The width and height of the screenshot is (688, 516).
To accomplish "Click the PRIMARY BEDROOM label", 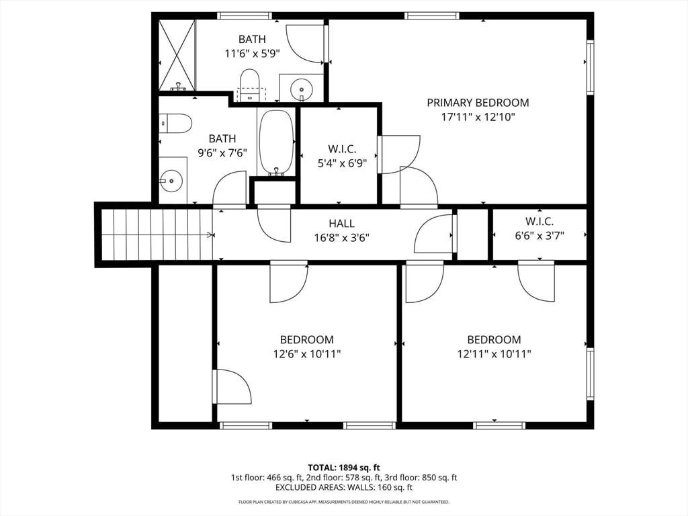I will pyautogui.click(x=478, y=103).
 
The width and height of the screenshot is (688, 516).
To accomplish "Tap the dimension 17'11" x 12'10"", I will pyautogui.click(x=478, y=117).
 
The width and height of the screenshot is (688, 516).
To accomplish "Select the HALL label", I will pyautogui.click(x=341, y=224).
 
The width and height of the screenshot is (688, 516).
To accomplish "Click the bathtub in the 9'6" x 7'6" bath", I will pyautogui.click(x=276, y=142).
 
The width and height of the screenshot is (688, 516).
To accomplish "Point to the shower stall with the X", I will pyautogui.click(x=177, y=55).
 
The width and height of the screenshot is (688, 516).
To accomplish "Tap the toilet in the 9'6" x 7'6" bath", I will pyautogui.click(x=176, y=124).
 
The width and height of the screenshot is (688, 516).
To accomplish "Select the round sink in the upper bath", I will pyautogui.click(x=302, y=87).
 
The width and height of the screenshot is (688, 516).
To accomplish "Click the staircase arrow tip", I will pyautogui.click(x=212, y=234).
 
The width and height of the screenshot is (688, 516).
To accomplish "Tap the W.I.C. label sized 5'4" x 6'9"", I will pyautogui.click(x=341, y=149).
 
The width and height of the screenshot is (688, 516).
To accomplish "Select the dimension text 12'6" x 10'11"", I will pyautogui.click(x=306, y=354).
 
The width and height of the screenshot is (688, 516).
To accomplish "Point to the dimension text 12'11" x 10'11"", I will pyautogui.click(x=494, y=354).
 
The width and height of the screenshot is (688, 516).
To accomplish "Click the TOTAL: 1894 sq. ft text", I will pyautogui.click(x=343, y=467).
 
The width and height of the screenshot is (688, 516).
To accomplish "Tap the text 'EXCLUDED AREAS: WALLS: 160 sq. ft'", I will pyautogui.click(x=343, y=488).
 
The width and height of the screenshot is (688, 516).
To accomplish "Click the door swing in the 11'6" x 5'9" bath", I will pyautogui.click(x=306, y=44).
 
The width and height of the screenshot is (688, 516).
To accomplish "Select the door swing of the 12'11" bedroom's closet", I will pyautogui.click(x=536, y=282).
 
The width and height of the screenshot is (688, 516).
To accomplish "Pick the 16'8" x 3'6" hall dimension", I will pyautogui.click(x=341, y=237).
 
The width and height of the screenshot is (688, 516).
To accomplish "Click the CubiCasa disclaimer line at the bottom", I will pyautogui.click(x=343, y=502).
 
